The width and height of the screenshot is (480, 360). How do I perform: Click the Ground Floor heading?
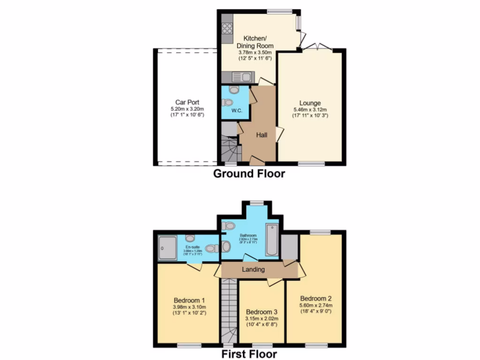[249, 174]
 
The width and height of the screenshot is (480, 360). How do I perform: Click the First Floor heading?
[249, 354]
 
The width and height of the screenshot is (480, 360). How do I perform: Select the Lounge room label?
[310, 103]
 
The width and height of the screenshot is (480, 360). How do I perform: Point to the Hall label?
[262, 135]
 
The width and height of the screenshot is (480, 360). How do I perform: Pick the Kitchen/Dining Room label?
[255, 42]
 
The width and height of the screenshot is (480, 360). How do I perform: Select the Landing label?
[253, 270]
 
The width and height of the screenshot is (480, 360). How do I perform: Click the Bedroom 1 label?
[189, 300]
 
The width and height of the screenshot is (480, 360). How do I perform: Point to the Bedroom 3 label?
[262, 312]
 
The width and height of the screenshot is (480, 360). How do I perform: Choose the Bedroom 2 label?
[316, 299]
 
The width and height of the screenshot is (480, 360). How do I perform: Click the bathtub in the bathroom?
[271, 240]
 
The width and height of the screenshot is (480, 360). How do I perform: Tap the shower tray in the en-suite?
[167, 247]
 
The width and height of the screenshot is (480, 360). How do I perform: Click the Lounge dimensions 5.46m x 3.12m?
[310, 109]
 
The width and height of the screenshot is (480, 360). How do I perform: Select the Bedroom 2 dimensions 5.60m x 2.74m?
[316, 305]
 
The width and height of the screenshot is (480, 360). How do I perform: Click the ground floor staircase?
[230, 148]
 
